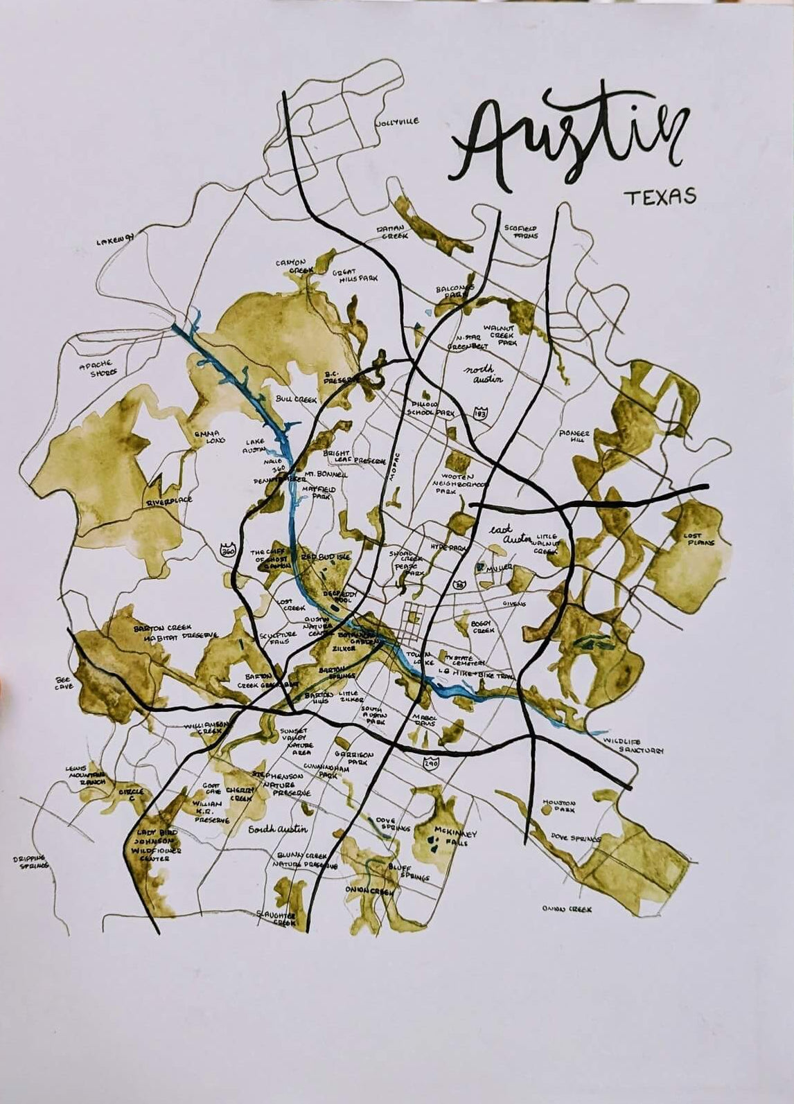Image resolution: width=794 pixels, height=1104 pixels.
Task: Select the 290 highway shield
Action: point(429,762)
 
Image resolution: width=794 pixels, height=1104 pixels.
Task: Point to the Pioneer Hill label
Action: point(574,437)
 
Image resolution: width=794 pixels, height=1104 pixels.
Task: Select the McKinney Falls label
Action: point(454,836)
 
